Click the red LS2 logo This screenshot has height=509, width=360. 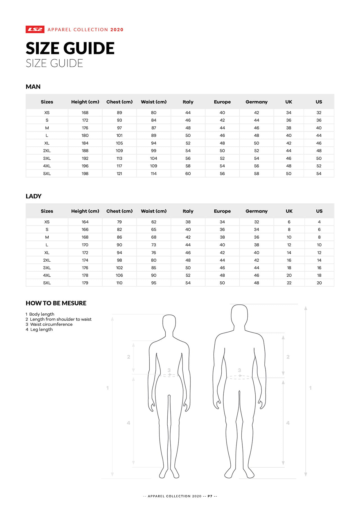(35, 30)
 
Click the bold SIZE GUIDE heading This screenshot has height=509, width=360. (70, 48)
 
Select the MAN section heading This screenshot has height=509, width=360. (33, 87)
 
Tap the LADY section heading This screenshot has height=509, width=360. (33, 196)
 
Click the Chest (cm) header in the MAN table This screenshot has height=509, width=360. (119, 102)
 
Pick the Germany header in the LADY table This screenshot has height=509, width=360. (256, 211)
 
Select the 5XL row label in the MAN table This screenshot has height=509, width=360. (47, 174)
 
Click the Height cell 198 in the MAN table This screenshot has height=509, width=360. (85, 174)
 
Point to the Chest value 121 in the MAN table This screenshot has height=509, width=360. (119, 174)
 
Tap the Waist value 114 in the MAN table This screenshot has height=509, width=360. (154, 174)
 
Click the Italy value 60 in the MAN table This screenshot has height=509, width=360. (188, 174)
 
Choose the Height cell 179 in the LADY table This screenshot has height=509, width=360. (85, 283)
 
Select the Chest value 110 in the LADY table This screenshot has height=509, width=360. (119, 283)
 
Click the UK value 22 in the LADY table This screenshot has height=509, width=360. (289, 283)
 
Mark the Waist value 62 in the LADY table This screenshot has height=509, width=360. (154, 222)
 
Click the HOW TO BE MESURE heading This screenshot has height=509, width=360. (56, 303)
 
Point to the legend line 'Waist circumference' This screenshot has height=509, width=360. (51, 324)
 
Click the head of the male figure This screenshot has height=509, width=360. (239, 315)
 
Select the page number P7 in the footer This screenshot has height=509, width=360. (210, 496)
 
